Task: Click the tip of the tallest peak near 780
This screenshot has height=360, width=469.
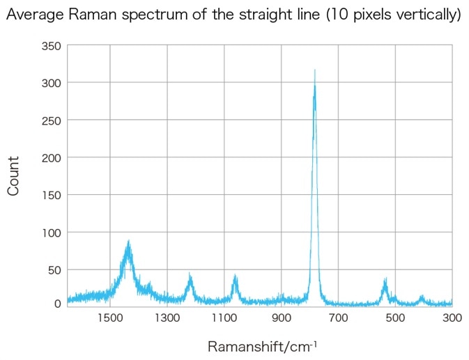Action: point(315,70)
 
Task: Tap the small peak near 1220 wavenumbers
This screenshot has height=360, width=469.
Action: point(190,274)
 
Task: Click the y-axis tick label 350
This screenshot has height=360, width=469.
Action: point(53,46)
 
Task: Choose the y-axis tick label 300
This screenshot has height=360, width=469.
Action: point(53,83)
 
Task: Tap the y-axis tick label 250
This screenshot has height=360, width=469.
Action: point(53,120)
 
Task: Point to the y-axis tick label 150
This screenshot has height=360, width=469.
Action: point(53,195)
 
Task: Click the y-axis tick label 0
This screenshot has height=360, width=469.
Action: point(59,304)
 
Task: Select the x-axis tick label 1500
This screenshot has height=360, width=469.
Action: point(109,318)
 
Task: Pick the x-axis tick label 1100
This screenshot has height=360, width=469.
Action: point(224,318)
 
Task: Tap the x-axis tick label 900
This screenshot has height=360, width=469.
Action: point(281,318)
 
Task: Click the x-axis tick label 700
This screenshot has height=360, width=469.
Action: point(338,318)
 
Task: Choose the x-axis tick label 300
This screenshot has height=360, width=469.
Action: point(452,318)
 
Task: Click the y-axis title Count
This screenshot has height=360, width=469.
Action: point(14,175)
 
